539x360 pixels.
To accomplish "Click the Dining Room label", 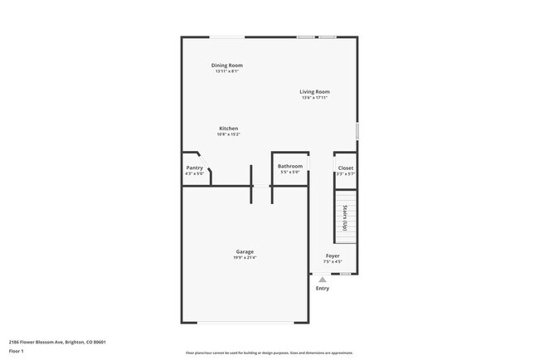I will coord(226,65).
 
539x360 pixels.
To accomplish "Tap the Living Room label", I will coord(315,91).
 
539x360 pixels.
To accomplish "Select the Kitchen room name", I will coord(228,129).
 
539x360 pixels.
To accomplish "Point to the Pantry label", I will coord(195,168).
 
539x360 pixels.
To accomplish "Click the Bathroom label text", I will coord(290,166).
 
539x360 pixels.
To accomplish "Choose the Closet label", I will coord(346,168).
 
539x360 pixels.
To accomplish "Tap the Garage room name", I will coord(245,251).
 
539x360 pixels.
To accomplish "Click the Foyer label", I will coord(333,255).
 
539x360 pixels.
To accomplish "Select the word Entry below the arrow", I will coord(323,288).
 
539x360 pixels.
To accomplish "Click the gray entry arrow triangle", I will coord(323,280).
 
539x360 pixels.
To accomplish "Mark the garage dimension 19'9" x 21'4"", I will coord(245,258).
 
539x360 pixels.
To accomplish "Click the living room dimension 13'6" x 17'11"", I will coord(315,98).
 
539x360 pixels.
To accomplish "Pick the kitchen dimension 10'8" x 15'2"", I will coord(228,135).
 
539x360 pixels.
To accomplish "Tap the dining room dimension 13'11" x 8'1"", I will coord(226,71).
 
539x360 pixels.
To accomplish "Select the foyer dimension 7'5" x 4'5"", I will coord(333,262).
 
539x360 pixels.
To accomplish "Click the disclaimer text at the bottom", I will coord(269,353).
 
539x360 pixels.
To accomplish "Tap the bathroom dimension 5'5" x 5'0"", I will coord(290,173).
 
